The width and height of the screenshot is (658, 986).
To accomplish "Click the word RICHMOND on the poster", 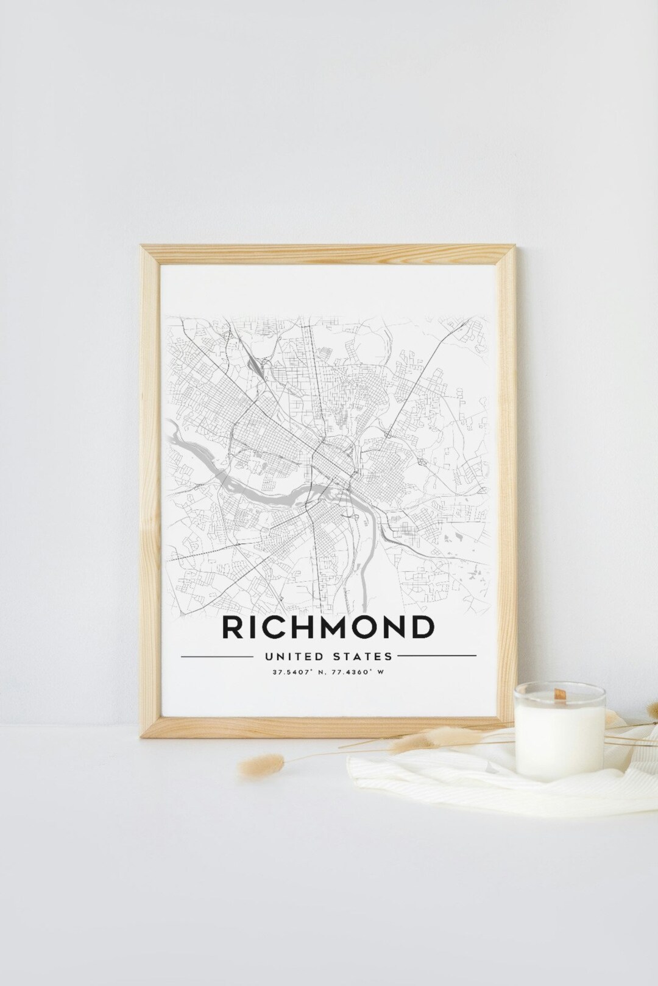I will click(329, 627).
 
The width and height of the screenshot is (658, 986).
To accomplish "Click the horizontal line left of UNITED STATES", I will click(216, 657).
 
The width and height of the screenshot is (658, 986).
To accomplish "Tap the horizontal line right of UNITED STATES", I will click(437, 657).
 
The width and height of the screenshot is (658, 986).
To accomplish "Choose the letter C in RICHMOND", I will click(275, 627).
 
